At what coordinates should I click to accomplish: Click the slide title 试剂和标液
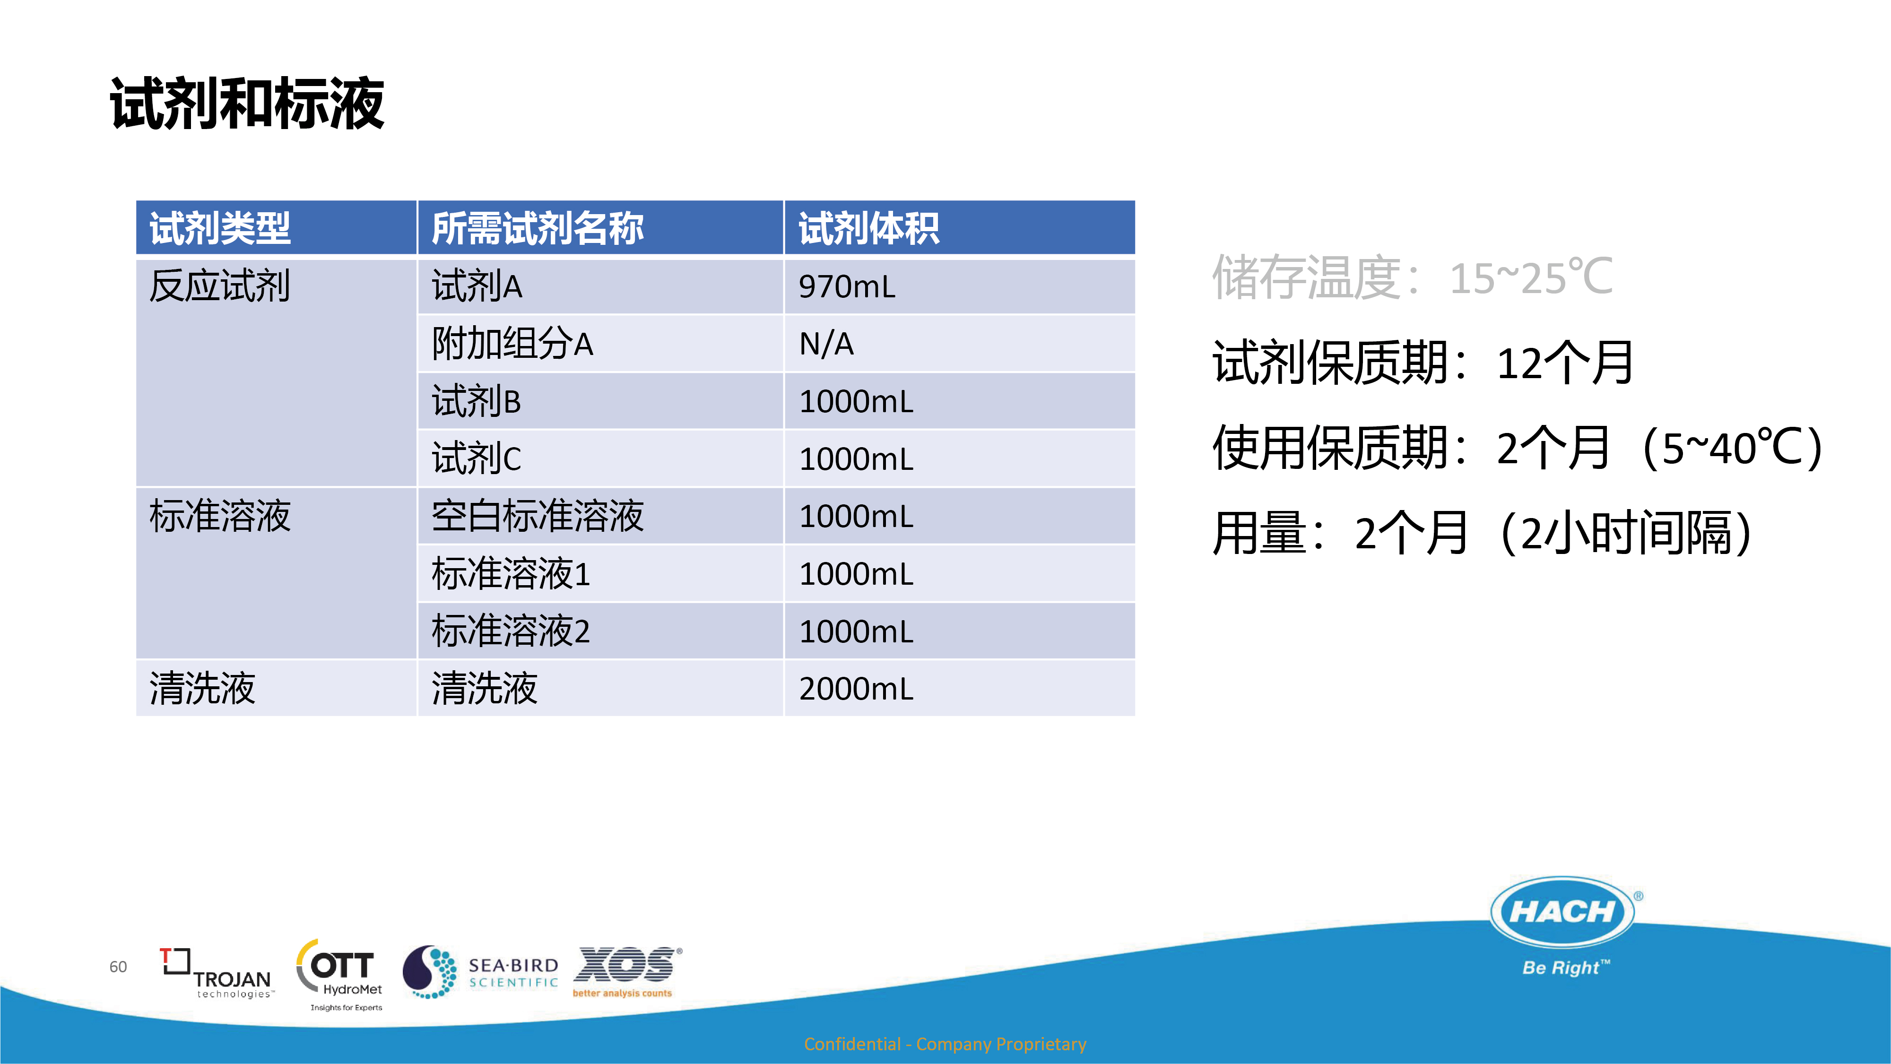(247, 104)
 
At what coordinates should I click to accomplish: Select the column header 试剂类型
(220, 228)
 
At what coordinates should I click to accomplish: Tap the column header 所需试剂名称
(538, 228)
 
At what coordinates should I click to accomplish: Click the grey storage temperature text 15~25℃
(1531, 277)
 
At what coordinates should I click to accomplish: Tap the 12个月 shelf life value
(1565, 363)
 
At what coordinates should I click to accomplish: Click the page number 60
(118, 967)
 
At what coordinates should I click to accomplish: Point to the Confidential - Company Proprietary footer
(945, 1044)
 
